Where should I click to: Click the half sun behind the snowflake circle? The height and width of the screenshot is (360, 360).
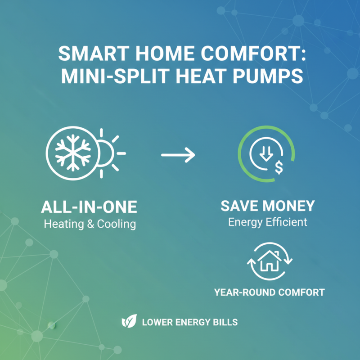tap(110, 153)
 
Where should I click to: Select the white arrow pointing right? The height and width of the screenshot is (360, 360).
tap(178, 156)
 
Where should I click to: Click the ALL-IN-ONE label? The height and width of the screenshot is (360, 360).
tap(89, 207)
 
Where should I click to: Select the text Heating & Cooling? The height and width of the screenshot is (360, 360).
tap(90, 224)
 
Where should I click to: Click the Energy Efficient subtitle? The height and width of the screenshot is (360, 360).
tap(267, 222)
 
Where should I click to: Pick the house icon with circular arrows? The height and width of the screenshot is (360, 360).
tap(270, 261)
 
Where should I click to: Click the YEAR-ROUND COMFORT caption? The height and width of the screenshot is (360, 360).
tap(269, 292)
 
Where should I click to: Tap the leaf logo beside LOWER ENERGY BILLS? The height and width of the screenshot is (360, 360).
tap(129, 322)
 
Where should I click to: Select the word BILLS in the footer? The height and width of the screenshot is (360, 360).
tap(226, 322)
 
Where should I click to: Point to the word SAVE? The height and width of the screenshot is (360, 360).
tap(238, 207)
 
